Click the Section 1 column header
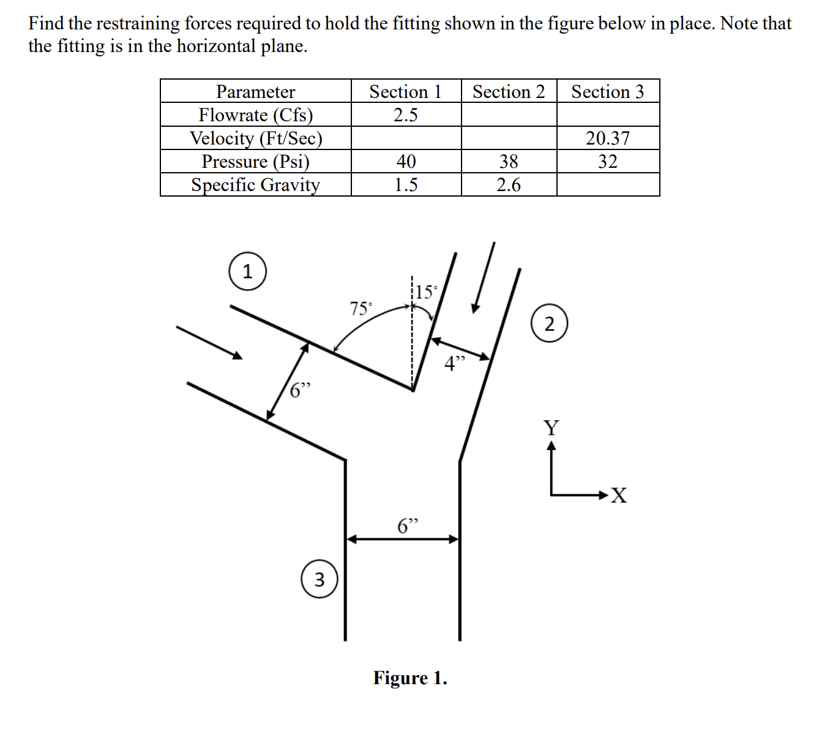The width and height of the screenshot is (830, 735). [405, 92]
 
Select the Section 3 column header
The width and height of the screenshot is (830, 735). [607, 92]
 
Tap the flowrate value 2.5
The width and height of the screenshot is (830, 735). [405, 115]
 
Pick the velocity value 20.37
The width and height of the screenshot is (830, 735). [607, 138]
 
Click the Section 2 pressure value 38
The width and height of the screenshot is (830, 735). [508, 161]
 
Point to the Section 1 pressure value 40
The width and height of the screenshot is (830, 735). [405, 161]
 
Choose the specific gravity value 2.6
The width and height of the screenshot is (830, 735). [508, 184]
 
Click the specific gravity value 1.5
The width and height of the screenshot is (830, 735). [405, 184]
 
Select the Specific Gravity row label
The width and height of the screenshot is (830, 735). [255, 184]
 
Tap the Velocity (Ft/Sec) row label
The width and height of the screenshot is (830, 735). [255, 138]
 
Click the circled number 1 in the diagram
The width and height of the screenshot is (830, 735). [247, 272]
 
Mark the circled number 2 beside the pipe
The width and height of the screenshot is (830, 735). [549, 324]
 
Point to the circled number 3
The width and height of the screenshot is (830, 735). [320, 579]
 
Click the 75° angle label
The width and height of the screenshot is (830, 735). [361, 308]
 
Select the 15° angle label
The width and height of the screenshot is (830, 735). [426, 292]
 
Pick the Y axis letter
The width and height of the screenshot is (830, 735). [551, 428]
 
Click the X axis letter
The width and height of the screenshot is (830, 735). [619, 495]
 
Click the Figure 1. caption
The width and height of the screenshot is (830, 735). [410, 678]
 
